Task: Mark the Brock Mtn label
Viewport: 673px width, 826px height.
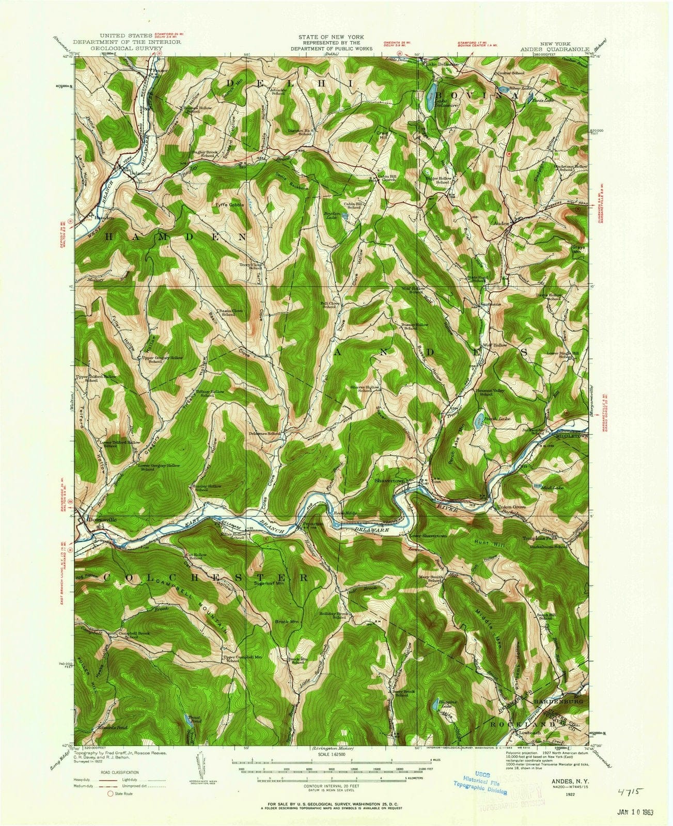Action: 286,622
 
